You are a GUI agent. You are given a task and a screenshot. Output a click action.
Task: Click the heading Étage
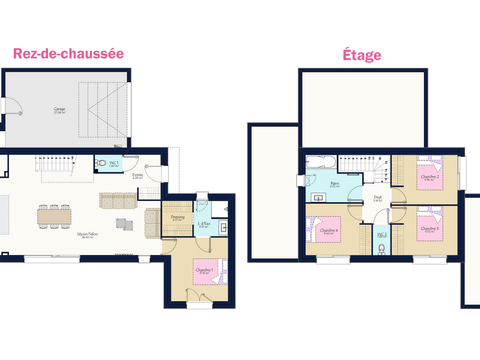click(361, 55)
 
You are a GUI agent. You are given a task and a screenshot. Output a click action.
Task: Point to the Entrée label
click(137, 176)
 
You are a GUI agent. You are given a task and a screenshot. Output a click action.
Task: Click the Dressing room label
click(177, 217)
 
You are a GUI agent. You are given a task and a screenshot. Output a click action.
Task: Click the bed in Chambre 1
click(206, 274)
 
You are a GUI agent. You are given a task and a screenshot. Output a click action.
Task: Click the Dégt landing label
click(378, 199)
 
